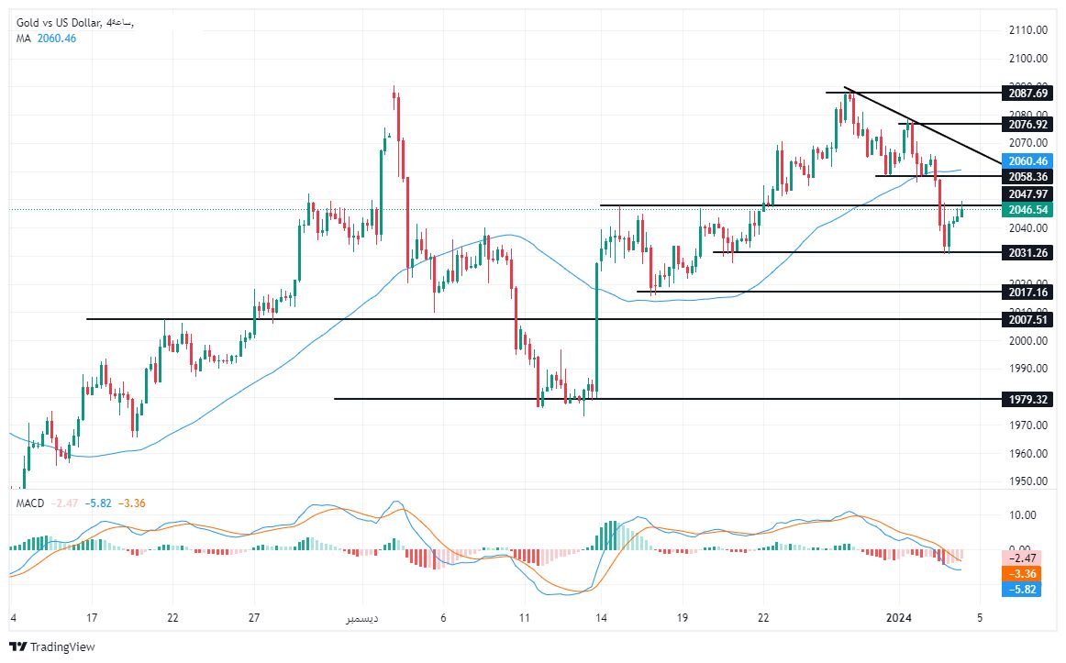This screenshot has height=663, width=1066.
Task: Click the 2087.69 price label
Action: tap(1027, 93)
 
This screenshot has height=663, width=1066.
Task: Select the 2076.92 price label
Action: tap(1027, 124)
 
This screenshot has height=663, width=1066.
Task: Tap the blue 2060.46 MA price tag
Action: tap(1027, 160)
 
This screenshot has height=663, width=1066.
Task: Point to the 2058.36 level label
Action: tap(1027, 176)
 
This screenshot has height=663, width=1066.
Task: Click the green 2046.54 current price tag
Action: tap(1027, 210)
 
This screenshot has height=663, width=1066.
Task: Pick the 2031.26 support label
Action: tap(1027, 252)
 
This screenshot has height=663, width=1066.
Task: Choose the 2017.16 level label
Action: tap(1027, 292)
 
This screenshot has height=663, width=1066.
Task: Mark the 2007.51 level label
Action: tap(1027, 319)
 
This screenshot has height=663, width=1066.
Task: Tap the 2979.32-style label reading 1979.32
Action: tap(1027, 399)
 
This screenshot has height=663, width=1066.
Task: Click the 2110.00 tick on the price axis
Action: tap(1027, 30)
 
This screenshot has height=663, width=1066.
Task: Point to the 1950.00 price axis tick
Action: tap(1027, 481)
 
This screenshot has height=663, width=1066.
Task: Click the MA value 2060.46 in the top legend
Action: tap(57, 38)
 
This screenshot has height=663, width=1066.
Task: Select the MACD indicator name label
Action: tap(30, 503)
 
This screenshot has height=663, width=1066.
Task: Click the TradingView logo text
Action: tap(62, 646)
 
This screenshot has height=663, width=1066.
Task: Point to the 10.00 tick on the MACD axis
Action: tap(1023, 514)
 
